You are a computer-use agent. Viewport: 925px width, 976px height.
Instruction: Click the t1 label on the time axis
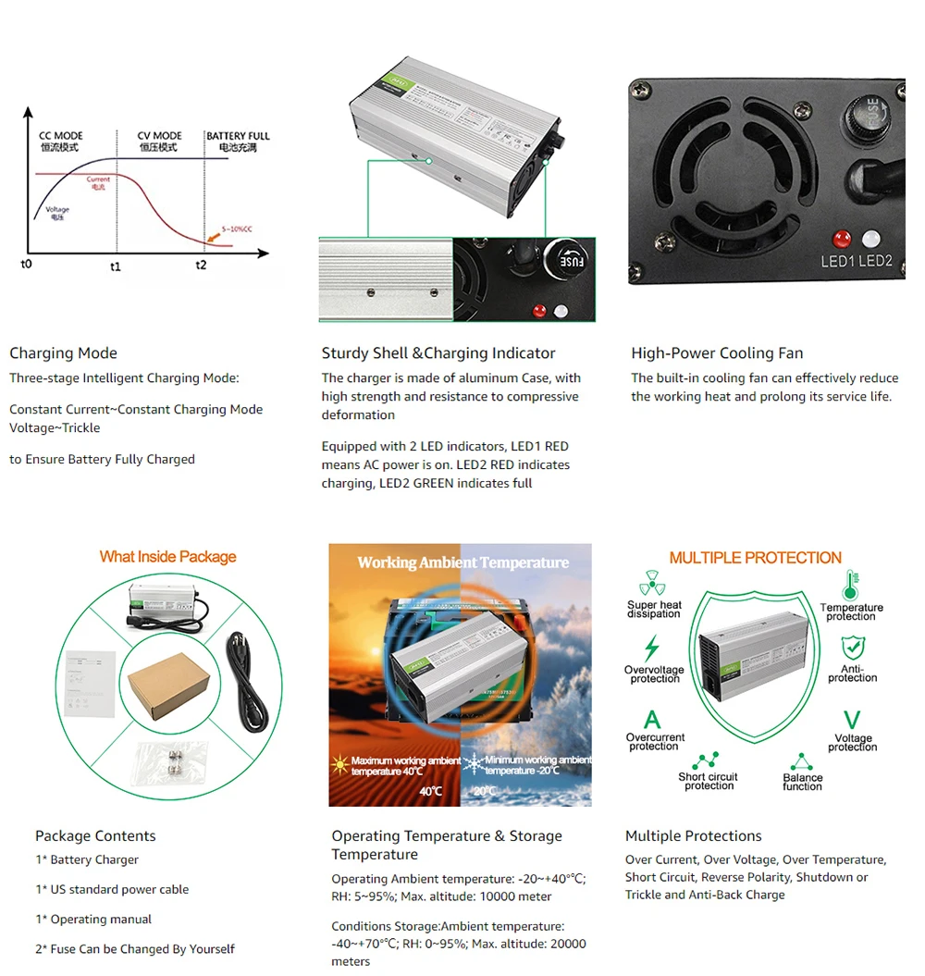click(x=116, y=266)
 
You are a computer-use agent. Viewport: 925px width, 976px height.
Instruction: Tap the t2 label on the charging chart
click(x=201, y=266)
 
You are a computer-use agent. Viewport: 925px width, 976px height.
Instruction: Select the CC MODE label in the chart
click(x=60, y=136)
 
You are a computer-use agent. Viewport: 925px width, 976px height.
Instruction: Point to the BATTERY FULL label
click(x=238, y=136)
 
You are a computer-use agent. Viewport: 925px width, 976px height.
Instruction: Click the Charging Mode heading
click(x=63, y=352)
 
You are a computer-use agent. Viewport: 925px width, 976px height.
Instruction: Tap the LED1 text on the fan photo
click(x=838, y=261)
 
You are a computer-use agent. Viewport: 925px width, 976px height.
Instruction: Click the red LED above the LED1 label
click(x=843, y=237)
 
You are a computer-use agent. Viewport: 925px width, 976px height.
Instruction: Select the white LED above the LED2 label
click(x=870, y=238)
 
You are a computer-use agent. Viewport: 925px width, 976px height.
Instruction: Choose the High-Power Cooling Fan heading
click(x=717, y=352)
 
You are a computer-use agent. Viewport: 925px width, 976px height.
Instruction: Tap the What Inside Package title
click(x=167, y=557)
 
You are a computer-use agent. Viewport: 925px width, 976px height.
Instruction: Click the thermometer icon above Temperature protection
click(x=849, y=585)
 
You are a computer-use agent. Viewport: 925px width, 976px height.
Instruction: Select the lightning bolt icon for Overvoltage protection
click(x=652, y=648)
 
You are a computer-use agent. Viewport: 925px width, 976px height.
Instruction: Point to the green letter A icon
click(x=652, y=719)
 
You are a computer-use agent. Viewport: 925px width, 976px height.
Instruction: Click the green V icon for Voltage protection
click(x=852, y=720)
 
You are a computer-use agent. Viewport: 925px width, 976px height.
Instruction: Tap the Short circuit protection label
click(x=709, y=782)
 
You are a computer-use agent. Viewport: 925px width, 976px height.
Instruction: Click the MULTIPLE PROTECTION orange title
click(x=755, y=558)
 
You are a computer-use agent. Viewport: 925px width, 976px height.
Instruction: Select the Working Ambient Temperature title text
click(x=462, y=562)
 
